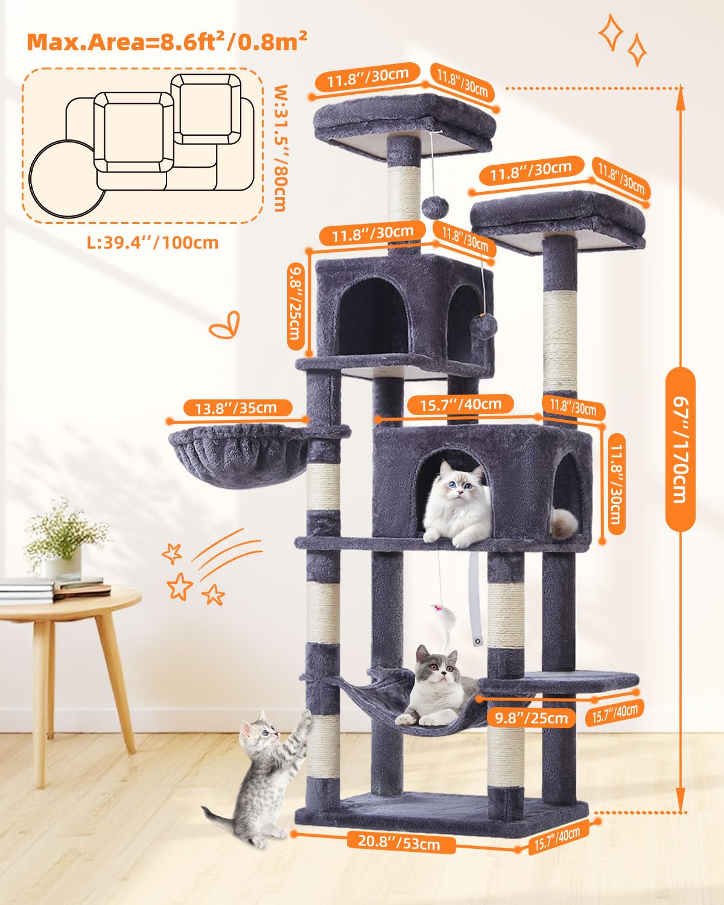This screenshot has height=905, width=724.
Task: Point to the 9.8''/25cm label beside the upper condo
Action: [x=295, y=306]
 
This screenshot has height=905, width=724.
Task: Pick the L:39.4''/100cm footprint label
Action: [x=153, y=243]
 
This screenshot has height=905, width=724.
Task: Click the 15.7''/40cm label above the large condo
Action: [x=461, y=404]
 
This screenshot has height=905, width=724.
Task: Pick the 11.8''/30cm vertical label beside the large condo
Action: [x=616, y=484]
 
